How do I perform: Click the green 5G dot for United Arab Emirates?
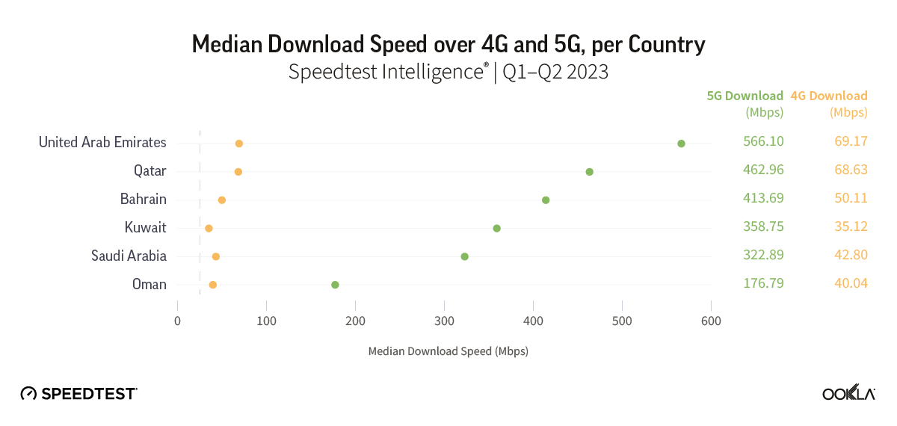[681, 143]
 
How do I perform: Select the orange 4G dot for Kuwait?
[209, 228]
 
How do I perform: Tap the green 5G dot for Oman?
[335, 285]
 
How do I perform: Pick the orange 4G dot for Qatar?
[238, 172]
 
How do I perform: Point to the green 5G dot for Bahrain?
[546, 200]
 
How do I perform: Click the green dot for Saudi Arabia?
[464, 256]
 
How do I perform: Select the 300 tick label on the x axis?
[444, 321]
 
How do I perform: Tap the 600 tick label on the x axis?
[711, 321]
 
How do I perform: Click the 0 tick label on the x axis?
[177, 321]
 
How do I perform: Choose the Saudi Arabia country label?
[129, 256]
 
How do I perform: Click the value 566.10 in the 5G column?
[763, 142]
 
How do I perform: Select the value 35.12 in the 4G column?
[851, 227]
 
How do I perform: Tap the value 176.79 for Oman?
[763, 284]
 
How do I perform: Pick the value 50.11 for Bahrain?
[851, 199]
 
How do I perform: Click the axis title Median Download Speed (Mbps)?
[448, 351]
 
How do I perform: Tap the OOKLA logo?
[848, 394]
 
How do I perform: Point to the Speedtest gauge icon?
[28, 393]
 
